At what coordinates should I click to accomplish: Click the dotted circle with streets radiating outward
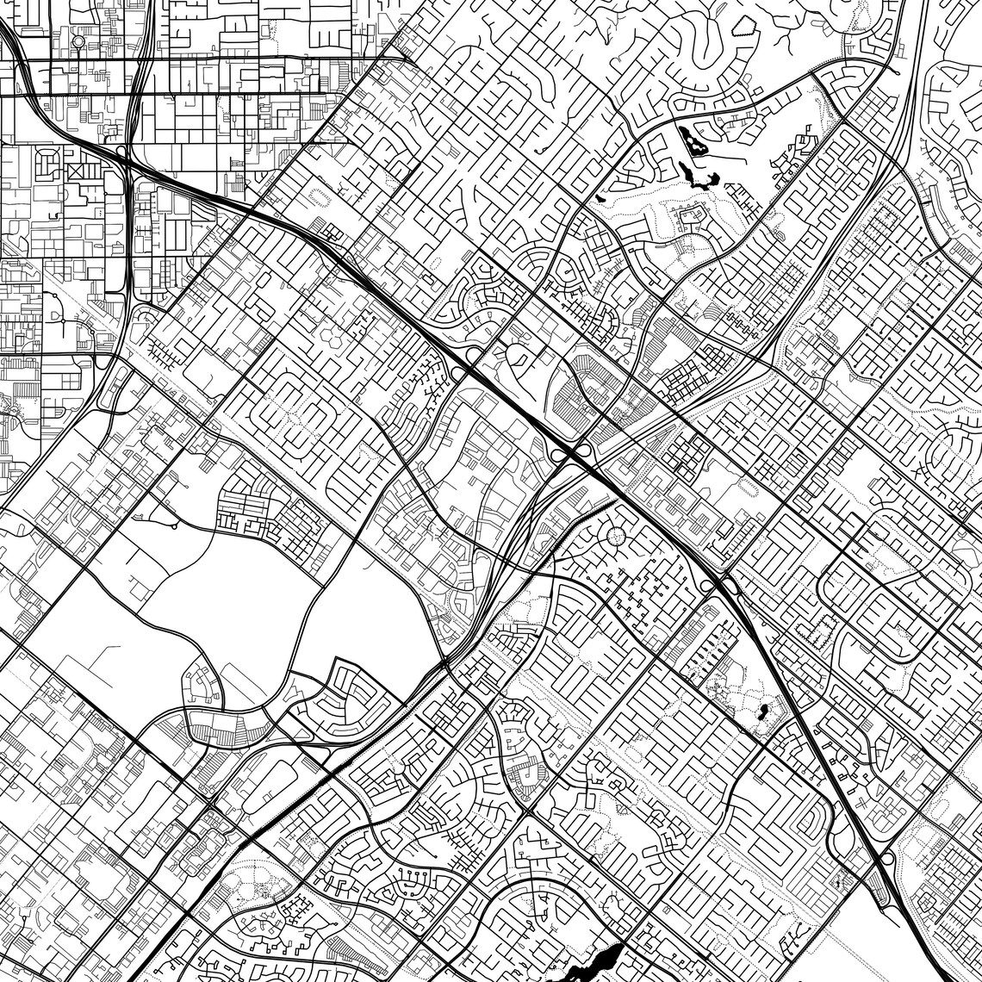coord(617,537)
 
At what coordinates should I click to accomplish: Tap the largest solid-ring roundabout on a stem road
coord(78,40)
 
